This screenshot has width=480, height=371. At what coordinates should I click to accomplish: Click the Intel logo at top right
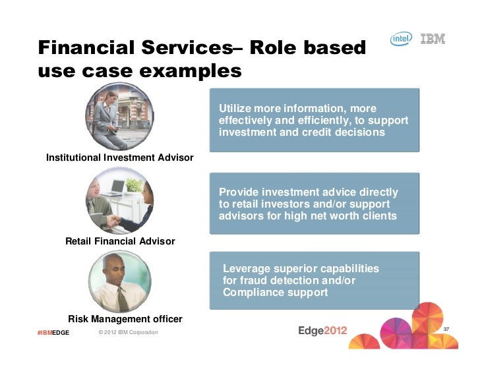tap(402, 40)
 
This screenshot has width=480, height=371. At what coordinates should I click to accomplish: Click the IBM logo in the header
tap(433, 39)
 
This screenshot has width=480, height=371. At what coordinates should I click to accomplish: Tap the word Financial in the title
tap(84, 47)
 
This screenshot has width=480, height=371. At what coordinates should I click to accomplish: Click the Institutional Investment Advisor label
tap(119, 157)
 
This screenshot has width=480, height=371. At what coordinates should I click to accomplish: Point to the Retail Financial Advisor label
tap(120, 241)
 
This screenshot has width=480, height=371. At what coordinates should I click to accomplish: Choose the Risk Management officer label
tap(125, 319)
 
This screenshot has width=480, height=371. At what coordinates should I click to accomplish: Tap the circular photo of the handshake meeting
tap(119, 200)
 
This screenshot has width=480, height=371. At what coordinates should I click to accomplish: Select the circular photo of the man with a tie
tap(119, 282)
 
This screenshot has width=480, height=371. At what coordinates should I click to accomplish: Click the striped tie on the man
tap(122, 298)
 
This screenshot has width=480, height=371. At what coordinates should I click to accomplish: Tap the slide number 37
tap(446, 329)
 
